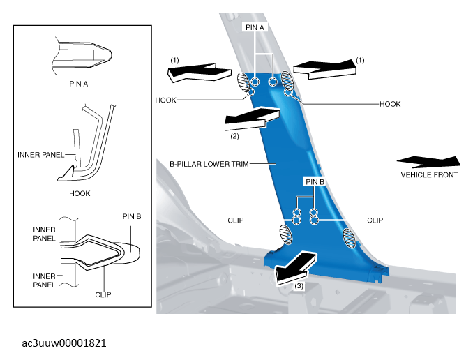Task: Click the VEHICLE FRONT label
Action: (x=429, y=174)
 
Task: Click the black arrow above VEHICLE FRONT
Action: (x=428, y=162)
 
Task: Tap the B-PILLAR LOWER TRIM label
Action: (x=209, y=164)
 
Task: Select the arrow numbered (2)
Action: (x=252, y=119)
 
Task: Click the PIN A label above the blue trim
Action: (x=255, y=27)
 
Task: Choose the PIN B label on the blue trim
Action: (x=315, y=182)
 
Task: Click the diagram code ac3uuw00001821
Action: (x=64, y=343)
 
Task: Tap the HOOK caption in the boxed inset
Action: (x=80, y=193)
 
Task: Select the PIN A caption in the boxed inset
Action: (x=78, y=84)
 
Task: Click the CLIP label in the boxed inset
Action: (x=103, y=294)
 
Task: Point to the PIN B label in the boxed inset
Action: (x=132, y=217)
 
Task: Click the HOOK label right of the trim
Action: (x=390, y=104)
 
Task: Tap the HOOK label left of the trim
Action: (x=165, y=100)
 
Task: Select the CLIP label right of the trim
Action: (x=375, y=220)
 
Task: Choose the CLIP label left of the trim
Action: (x=236, y=220)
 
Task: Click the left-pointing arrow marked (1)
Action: (x=200, y=73)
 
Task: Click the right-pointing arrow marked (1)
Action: (x=325, y=70)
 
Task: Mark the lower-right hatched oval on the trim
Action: (x=349, y=238)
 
